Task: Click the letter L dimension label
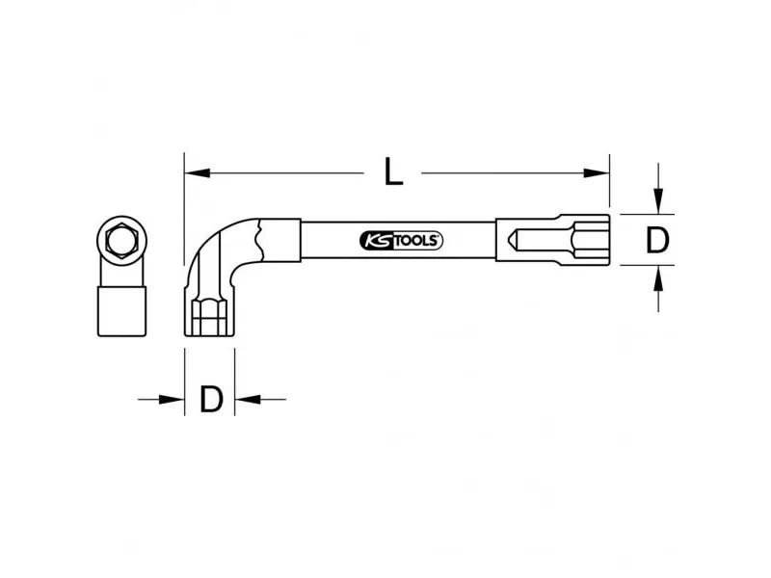393,172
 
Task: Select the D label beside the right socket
657,240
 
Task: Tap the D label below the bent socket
211,399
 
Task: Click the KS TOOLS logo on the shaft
401,241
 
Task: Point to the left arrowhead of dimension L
198,173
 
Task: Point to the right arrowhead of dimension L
597,173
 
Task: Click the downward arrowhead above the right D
658,201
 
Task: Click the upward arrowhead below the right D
658,278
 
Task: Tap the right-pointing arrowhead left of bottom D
172,399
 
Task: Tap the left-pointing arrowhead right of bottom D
248,399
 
